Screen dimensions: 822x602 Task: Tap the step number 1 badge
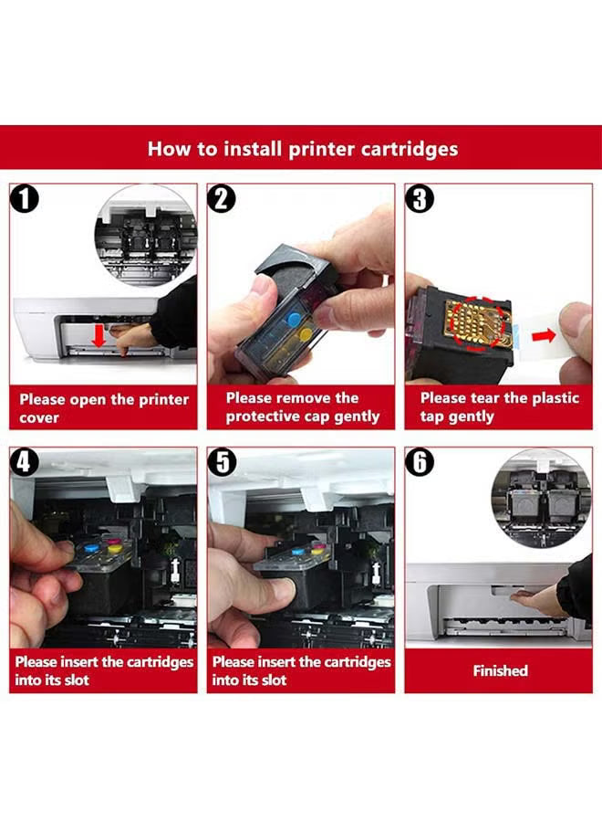pos(26,198)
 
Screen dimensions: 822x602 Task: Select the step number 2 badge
pos(222,198)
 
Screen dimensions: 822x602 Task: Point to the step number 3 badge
pos(419,198)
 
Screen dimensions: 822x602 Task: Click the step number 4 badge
pos(26,462)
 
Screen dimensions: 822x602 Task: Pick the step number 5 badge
pos(222,462)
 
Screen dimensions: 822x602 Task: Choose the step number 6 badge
pos(419,462)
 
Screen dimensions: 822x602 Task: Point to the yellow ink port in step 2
pos(306,334)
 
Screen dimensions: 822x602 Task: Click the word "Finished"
pos(500,670)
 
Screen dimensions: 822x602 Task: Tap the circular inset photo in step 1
pos(146,237)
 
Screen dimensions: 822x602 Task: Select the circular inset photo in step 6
pos(535,498)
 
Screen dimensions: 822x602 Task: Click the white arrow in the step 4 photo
pos(172,571)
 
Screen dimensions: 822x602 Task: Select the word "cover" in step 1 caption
pos(39,417)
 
